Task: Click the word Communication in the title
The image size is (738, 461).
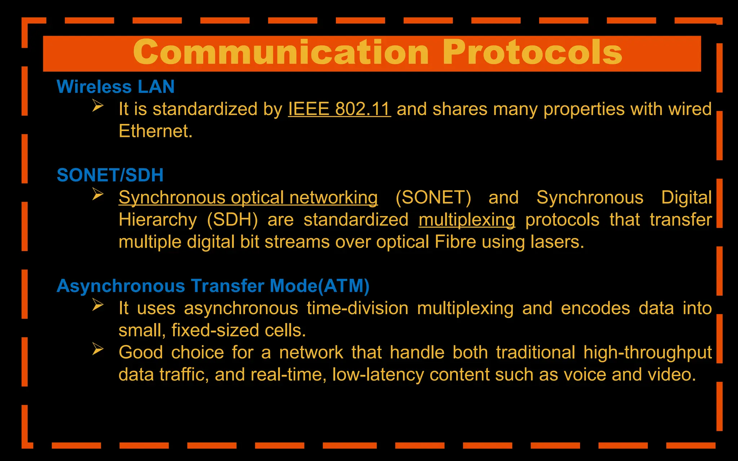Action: tap(281, 53)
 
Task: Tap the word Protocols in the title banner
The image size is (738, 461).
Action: tap(532, 53)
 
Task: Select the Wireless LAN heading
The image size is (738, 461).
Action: tap(116, 87)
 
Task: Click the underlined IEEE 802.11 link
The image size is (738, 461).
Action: tap(339, 109)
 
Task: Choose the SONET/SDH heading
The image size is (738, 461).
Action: tap(110, 175)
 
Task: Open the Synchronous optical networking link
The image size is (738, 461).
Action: tap(248, 198)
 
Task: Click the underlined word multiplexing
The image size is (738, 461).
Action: tap(467, 220)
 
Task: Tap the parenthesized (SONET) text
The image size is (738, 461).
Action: tap(433, 198)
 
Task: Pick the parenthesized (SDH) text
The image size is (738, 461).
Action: tap(232, 220)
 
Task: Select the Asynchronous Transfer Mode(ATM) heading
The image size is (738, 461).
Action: tap(213, 286)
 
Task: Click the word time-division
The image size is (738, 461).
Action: tap(357, 308)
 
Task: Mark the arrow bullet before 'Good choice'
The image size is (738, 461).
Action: tap(98, 349)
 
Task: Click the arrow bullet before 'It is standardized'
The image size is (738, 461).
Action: tap(98, 106)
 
